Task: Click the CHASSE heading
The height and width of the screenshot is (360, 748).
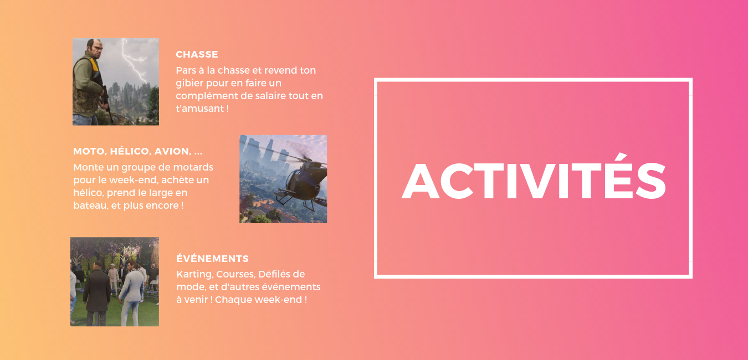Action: [197, 54]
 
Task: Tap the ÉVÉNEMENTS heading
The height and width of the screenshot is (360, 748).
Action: [212, 259]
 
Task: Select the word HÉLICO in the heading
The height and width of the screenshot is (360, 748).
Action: [130, 151]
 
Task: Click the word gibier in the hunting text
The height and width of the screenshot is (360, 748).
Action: [191, 83]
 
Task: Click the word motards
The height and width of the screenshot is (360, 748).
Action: [194, 167]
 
